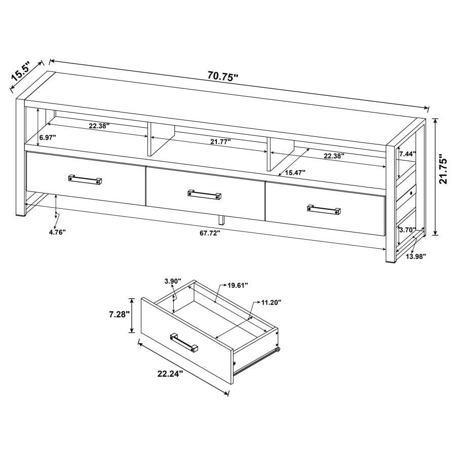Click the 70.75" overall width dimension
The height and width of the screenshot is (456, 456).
point(222,77)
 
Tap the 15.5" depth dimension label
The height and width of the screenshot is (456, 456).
point(21,72)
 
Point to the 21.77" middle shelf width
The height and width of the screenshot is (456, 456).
point(220,142)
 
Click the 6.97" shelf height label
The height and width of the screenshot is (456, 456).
point(49,137)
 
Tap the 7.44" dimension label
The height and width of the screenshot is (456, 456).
point(408,153)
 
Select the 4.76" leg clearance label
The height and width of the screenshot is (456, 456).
point(57,232)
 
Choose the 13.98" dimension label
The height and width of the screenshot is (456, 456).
point(415,256)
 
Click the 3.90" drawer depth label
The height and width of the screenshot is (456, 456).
point(173,281)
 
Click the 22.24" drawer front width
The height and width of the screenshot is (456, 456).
point(170,374)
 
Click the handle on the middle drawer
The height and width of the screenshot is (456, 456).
point(205,194)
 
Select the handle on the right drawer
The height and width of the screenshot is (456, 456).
point(324,209)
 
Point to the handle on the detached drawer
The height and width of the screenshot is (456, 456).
point(184,342)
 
